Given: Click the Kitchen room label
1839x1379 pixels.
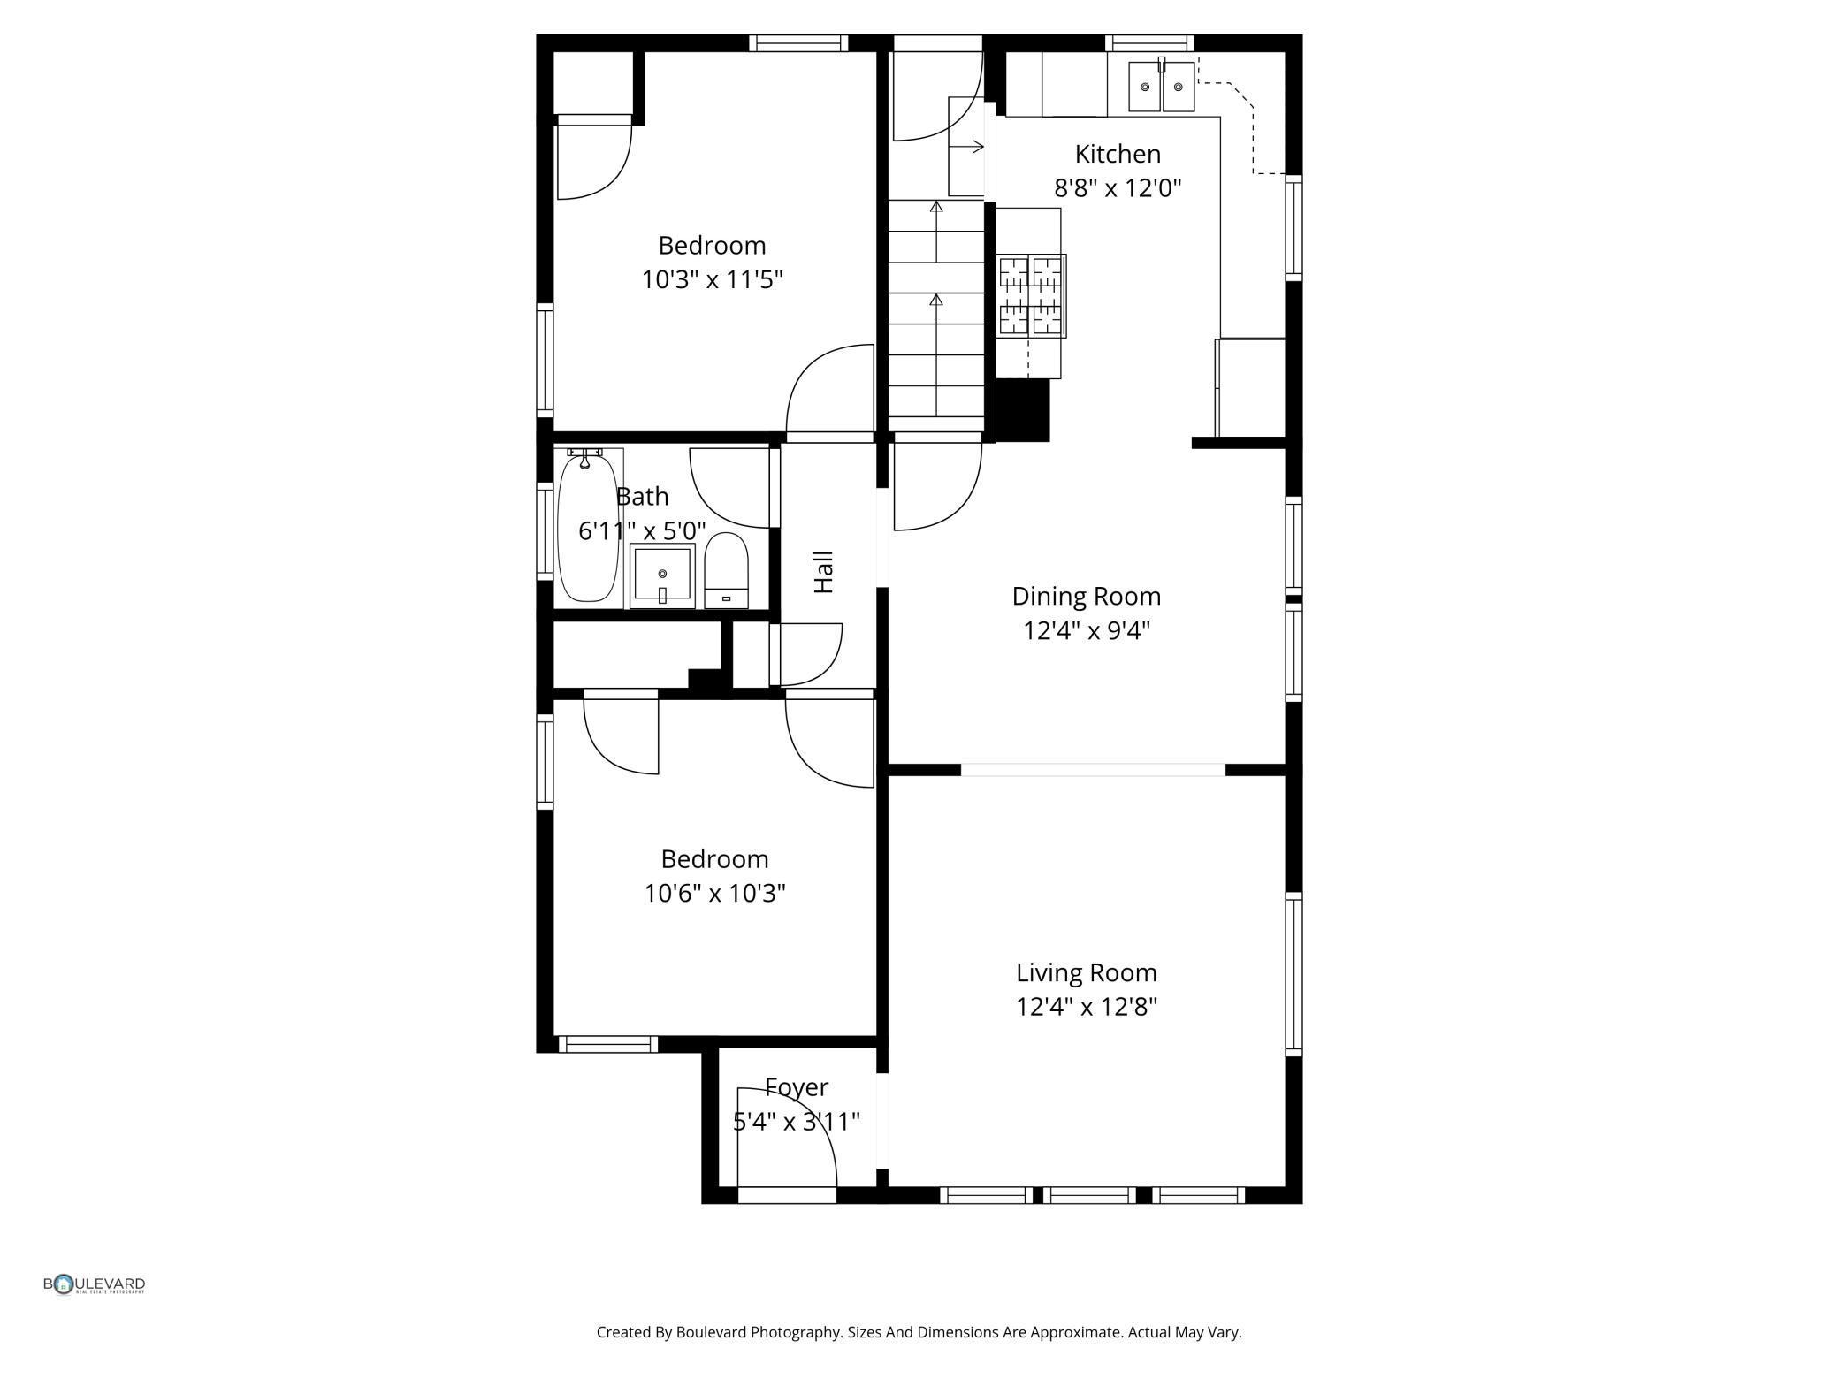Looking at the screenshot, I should point(1117,154).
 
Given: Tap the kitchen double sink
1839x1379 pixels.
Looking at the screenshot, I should point(1161,87).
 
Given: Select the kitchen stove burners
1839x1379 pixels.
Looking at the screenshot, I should point(1031,296).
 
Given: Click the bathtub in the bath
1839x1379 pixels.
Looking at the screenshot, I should point(587,528).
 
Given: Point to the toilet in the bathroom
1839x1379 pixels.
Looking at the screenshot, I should point(726,570).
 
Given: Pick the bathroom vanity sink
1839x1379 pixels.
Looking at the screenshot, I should point(662,575).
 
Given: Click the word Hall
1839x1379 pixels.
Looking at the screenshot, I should point(823,572).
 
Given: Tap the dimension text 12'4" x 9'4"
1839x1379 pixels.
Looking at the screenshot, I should point(1086,631).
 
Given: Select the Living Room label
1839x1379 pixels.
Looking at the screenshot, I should point(1086,972).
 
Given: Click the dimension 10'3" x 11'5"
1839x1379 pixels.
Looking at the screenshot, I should point(712,280).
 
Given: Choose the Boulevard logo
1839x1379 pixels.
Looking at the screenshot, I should point(94,1284).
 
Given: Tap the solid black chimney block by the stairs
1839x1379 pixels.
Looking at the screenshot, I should point(1022,409).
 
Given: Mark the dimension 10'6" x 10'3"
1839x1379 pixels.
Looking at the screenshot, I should point(714,894).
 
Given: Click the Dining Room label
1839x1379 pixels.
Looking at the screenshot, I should point(1086,596).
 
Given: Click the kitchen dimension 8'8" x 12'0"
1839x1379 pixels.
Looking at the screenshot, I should point(1117,188).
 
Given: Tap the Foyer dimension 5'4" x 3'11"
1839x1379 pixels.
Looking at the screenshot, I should point(796,1122).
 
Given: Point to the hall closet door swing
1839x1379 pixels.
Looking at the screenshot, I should point(807,654).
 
